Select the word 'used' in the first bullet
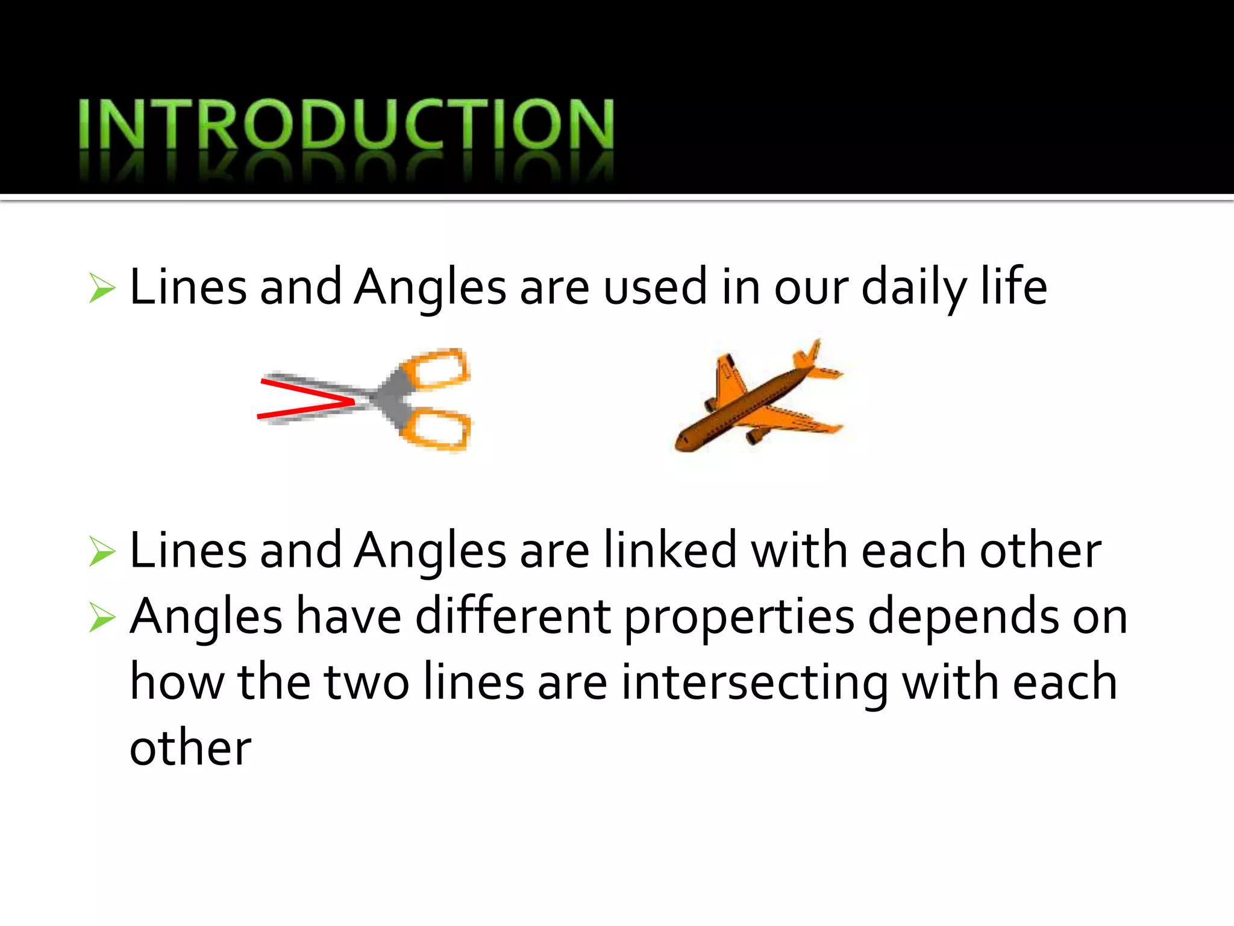[x=655, y=288]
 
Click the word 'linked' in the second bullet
[x=670, y=550]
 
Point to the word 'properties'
[x=739, y=617]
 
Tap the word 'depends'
[x=963, y=617]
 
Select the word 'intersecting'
[x=755, y=683]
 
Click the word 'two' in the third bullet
[x=366, y=683]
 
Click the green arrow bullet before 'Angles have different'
[x=102, y=617]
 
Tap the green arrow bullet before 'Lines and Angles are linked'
[x=102, y=551]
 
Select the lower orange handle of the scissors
[x=440, y=429]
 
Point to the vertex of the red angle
[x=354, y=401]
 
